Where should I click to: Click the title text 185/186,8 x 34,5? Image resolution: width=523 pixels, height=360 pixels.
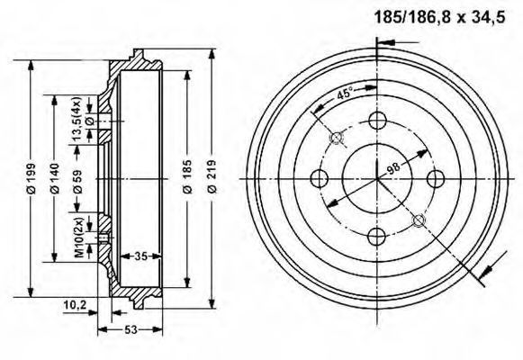[439, 17]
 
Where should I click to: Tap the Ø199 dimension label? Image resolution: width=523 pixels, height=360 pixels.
[31, 178]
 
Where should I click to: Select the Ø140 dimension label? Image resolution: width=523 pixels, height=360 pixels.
[55, 178]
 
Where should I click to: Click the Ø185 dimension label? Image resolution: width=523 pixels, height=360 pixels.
[188, 176]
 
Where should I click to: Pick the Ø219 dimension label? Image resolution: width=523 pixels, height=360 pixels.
[212, 176]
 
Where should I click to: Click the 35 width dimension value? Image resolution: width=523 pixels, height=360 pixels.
[140, 256]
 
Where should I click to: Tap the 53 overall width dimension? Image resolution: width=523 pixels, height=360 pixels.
[131, 329]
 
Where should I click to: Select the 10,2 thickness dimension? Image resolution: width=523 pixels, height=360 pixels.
[75, 305]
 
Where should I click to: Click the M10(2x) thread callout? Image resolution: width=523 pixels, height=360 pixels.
[79, 238]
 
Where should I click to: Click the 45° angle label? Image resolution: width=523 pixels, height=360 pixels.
[344, 93]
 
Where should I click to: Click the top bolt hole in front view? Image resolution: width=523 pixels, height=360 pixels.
[377, 121]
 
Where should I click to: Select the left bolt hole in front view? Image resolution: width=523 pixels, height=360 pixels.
[320, 178]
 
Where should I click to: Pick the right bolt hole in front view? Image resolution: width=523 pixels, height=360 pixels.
[436, 178]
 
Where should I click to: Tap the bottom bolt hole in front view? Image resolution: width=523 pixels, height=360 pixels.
[377, 237]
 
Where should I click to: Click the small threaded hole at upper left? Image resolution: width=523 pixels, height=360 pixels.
[337, 138]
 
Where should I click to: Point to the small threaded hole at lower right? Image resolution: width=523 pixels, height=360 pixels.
[419, 220]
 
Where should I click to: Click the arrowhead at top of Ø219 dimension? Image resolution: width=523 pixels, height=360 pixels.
[212, 55]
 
